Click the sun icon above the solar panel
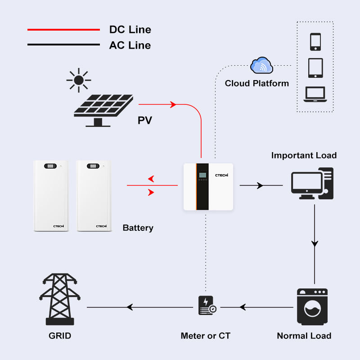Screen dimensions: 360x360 point(79,81)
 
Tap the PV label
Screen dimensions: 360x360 point(144,120)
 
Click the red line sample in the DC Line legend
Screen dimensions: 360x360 point(63,30)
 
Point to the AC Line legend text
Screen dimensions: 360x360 point(130,45)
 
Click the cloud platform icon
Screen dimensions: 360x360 point(261,66)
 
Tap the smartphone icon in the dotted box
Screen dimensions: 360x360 point(315,42)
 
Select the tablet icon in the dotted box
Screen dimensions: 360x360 point(315,68)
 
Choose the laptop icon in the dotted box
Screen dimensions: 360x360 point(315,94)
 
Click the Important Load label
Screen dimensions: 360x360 point(304,155)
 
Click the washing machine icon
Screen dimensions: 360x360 point(312,307)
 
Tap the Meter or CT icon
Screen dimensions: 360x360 point(207,306)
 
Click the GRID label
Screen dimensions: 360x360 point(60,336)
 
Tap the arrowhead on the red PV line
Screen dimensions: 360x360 point(173,104)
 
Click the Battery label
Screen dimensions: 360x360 point(138,228)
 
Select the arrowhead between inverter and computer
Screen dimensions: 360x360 point(260,185)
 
